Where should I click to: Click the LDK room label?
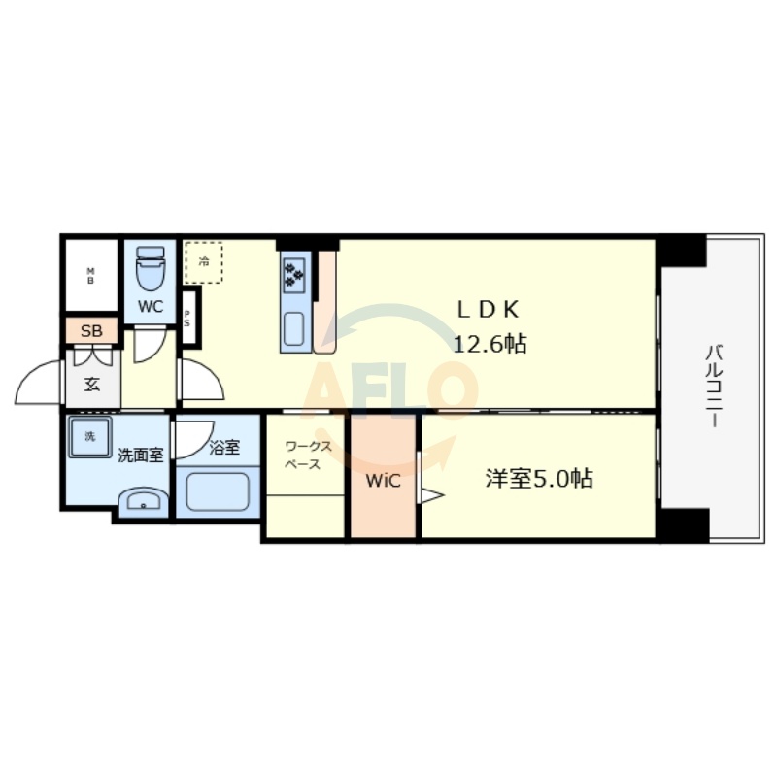point(490,309)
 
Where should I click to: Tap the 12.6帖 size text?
point(490,343)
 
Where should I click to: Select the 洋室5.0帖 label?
point(539,478)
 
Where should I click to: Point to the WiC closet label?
point(383,479)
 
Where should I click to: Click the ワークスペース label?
point(307,456)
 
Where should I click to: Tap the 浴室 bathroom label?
point(224,448)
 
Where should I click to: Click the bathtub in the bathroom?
point(220,490)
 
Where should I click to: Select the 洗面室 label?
point(140,454)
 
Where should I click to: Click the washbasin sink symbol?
point(142,502)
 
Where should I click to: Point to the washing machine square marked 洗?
point(89,438)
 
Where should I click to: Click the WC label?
point(150,308)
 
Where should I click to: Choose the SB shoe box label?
point(91,331)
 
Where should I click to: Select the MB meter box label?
point(91,275)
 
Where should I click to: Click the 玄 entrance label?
point(91,384)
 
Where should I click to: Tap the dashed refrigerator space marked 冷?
point(203,261)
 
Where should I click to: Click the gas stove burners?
point(294,273)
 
